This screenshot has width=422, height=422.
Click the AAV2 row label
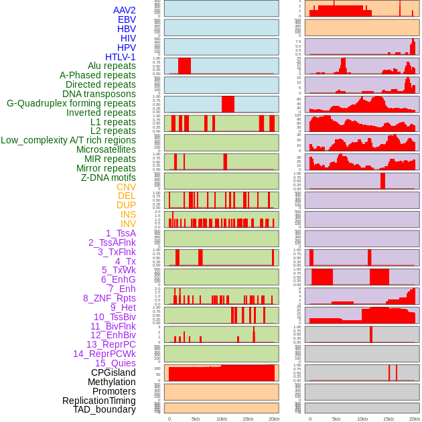coord(125,10)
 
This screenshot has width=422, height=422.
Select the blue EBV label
coord(127,19)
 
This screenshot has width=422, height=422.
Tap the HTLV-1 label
coord(121,57)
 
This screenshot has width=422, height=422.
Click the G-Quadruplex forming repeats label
coord(72,103)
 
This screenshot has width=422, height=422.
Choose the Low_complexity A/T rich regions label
coord(68,140)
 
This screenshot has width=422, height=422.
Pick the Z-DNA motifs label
coord(109,178)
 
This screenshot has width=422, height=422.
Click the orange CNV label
coord(126,187)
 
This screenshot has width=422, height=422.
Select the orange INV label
coord(128,224)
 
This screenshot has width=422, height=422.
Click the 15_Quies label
coord(115,363)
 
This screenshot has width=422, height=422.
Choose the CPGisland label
coord(113,372)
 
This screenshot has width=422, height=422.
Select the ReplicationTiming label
coord(99,401)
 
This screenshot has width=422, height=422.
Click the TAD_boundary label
coord(104,409)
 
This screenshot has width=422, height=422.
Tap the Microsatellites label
coord(106,149)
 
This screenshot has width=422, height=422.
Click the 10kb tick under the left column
coord(222,419)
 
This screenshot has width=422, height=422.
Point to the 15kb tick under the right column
coord(389,419)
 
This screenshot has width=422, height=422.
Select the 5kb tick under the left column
coord(196,419)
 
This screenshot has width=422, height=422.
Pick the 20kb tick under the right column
coord(415,419)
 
